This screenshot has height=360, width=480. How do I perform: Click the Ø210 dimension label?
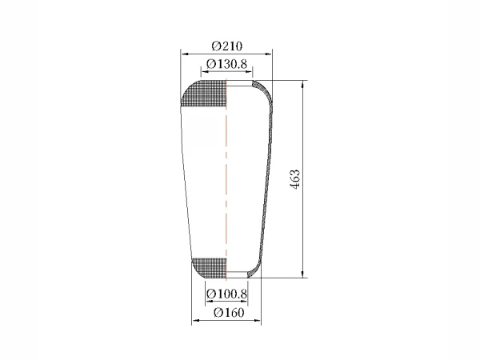(x=227, y=46)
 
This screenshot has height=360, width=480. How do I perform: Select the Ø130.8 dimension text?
(x=226, y=64)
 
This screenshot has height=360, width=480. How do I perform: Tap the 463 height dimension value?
(x=295, y=179)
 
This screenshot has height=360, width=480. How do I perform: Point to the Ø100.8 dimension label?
(x=226, y=294)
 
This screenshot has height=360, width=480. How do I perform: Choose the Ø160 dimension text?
(x=229, y=313)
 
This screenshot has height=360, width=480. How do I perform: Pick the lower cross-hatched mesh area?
(x=210, y=268)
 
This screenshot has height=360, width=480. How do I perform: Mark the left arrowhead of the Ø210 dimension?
(x=185, y=54)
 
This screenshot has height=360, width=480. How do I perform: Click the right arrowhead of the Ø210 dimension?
(x=268, y=54)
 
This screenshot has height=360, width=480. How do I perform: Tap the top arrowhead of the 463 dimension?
(x=303, y=85)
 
